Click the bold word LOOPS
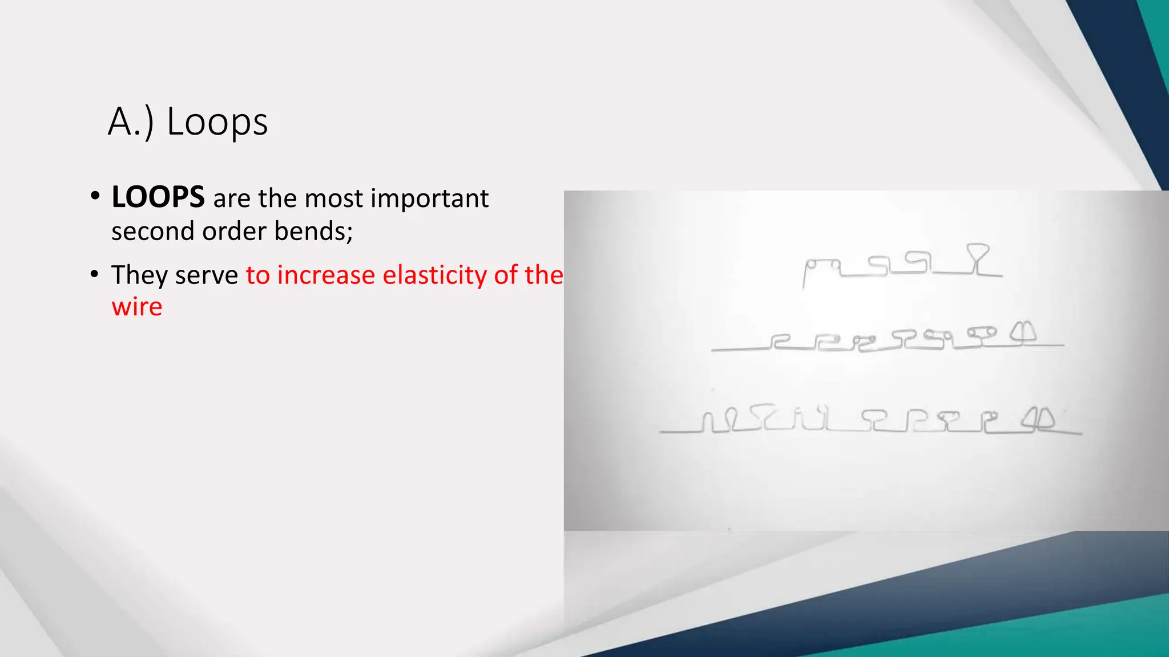pos(158,197)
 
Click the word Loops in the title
pos(217,122)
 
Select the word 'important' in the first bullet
pos(429,198)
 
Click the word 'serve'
pos(207,275)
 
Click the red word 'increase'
pos(326,275)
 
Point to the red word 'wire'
pos(137,307)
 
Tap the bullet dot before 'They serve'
pos(95,274)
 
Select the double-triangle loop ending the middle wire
pos(1023,333)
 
